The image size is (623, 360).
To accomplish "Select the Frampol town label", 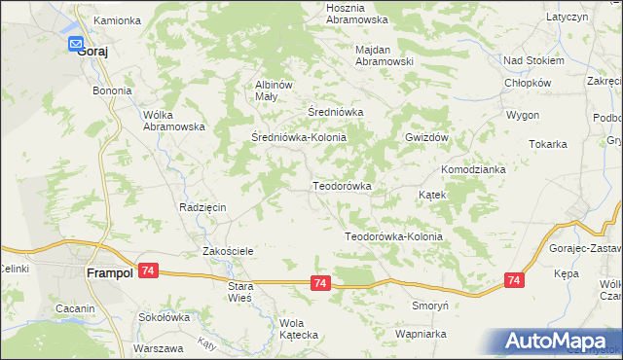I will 109,274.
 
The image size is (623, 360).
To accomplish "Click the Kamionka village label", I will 116,19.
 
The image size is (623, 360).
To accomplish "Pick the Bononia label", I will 112,90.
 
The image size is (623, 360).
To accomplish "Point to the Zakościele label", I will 228,251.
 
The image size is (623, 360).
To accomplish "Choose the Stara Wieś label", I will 239,292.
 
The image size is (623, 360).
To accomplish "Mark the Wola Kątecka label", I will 299,329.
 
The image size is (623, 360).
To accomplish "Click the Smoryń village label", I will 429,305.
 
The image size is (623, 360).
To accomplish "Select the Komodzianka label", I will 473,169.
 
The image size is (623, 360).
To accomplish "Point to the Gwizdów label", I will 426,138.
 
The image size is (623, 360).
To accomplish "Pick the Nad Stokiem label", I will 533,60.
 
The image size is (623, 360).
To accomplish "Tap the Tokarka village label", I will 548,144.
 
